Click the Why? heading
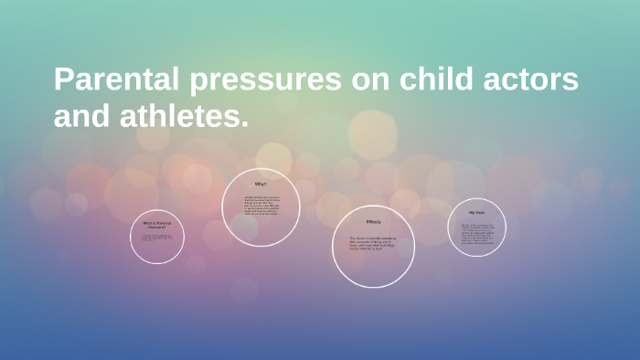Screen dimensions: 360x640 click(x=261, y=184)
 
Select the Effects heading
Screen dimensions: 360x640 click(x=373, y=222)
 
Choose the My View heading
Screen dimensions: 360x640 click(x=477, y=212)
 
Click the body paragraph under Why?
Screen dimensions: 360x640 click(x=261, y=207)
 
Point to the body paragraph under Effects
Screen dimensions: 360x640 click(x=373, y=243)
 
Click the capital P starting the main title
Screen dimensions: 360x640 click(x=63, y=80)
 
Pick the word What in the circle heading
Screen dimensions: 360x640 click(x=146, y=222)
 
